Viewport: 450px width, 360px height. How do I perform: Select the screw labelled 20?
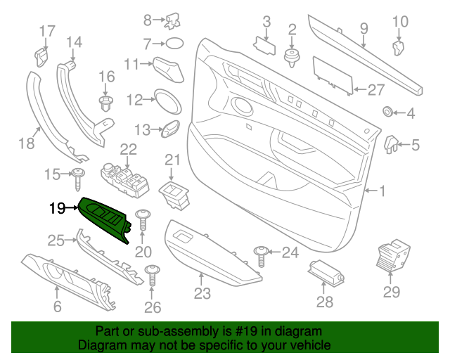coord(143,219)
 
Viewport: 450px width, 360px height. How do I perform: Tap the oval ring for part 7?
coord(172,44)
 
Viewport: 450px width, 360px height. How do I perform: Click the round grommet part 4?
coord(387,112)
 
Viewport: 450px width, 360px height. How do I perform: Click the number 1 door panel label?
coord(382,191)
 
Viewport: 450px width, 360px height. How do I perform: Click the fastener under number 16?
coord(106,104)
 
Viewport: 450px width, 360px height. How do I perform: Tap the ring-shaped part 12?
coord(167,101)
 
